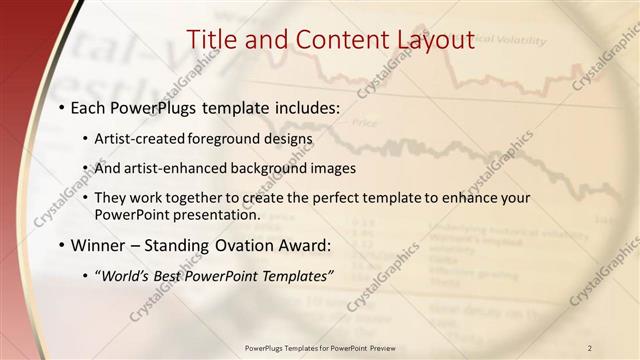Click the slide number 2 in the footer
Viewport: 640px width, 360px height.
point(590,347)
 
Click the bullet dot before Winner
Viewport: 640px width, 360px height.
point(62,245)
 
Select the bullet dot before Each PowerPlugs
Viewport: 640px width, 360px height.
point(62,106)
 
